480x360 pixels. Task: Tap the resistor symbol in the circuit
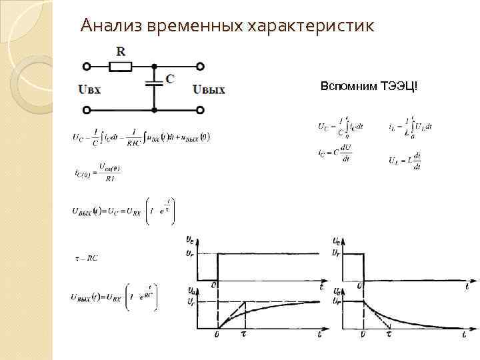121,66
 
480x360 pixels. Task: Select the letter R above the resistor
120,51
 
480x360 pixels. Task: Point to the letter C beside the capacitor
170,79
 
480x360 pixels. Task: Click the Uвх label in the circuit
89,89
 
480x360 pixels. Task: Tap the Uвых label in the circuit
209,89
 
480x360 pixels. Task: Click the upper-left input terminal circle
86,66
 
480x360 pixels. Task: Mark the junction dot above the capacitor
155,66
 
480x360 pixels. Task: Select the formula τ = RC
86,258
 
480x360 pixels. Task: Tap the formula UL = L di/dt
405,160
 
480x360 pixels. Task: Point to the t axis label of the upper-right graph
467,286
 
